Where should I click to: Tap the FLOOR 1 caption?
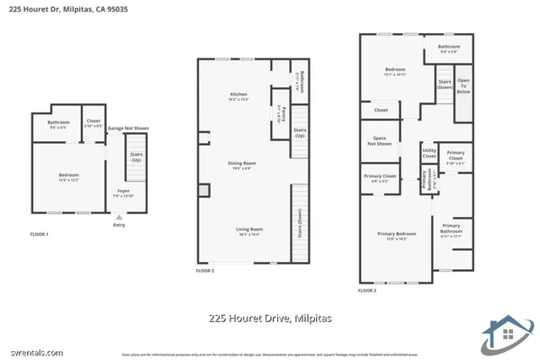pos(39,234)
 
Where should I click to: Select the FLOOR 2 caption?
pos(206,270)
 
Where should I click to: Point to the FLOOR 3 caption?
pos(366,291)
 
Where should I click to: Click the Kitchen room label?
pos(238,94)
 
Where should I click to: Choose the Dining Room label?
pos(241,163)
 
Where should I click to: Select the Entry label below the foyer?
pos(119,225)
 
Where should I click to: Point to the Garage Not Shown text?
pos(128,128)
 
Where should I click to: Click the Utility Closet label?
pos(429,153)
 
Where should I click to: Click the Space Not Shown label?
pos(380,140)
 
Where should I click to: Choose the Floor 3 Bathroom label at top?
pos(449,47)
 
